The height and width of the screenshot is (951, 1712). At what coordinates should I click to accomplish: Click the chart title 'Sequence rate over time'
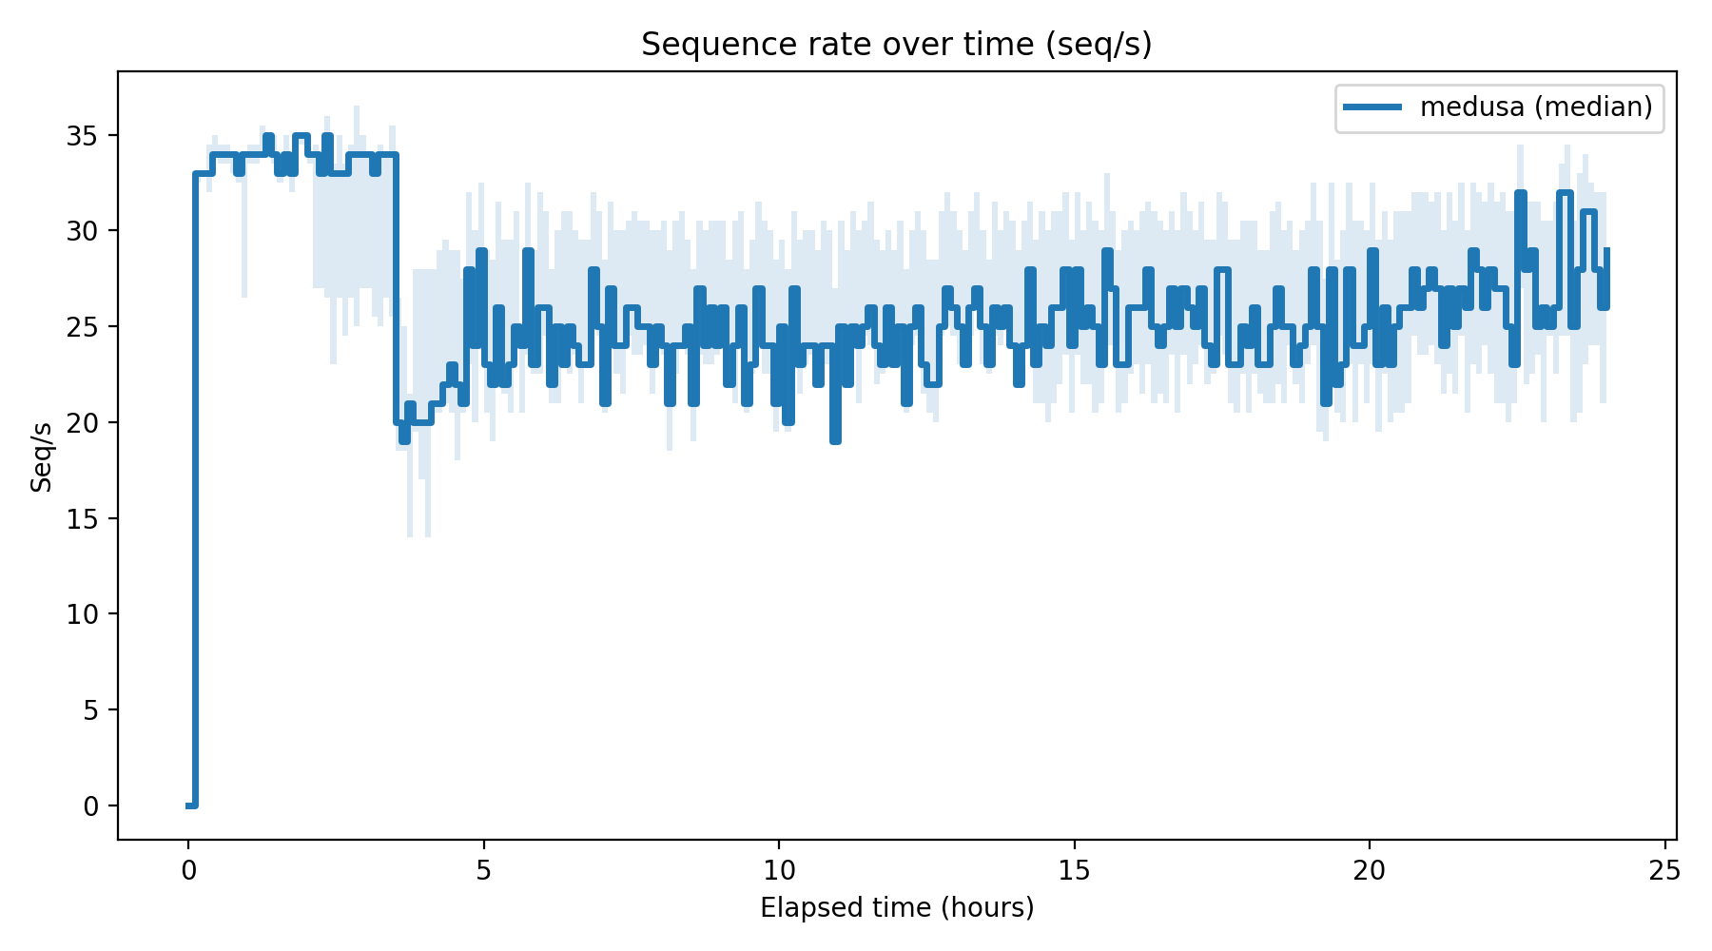pos(896,45)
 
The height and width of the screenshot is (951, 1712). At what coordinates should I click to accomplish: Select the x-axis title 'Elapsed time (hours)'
pos(897,908)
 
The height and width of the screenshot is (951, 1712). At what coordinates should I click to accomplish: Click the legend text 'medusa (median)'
pos(1536,107)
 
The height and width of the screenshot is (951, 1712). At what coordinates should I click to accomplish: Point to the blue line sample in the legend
pos(1372,107)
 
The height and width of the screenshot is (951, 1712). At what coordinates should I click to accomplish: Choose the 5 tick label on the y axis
pos(91,710)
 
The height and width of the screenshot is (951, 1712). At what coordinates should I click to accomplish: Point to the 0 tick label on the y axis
pos(91,806)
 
